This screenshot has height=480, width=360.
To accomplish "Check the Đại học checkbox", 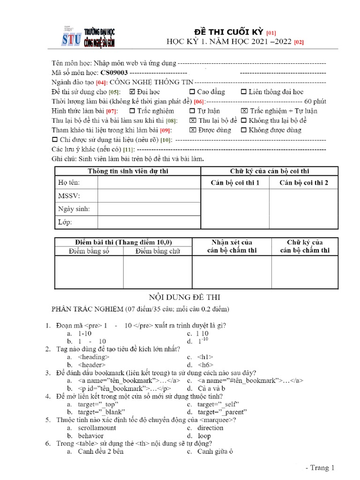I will pos(132,92).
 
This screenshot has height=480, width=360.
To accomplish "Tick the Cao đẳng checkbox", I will pos(193,92).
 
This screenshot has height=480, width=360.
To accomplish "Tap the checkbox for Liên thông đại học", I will pos(244,92).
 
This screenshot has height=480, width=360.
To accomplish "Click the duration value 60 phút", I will pos(315,101).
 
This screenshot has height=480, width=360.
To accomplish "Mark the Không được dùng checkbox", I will pos(244,130).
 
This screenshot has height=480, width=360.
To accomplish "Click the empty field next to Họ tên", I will pos(149,182).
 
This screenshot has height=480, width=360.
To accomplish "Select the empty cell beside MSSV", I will pos(149,195).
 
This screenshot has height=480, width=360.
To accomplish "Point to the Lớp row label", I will pos(65,222).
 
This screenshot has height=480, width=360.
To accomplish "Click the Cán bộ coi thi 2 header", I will pos(303,182).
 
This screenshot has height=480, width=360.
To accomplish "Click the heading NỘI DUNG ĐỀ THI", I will pos(184,297).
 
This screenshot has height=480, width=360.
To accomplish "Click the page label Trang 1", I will pos(320,467).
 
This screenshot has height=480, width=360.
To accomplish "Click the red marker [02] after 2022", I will pos(299,42).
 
